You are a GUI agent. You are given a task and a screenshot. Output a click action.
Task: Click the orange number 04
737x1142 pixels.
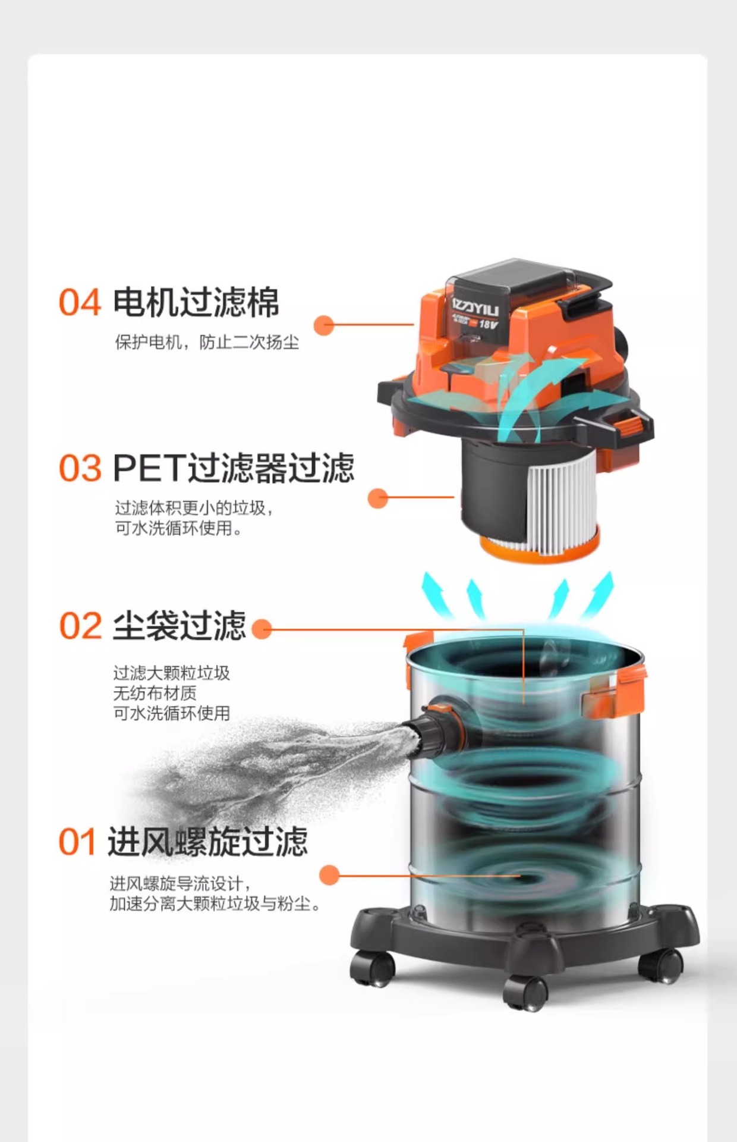(x=80, y=303)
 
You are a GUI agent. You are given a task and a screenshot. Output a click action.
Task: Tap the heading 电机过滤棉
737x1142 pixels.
(x=196, y=302)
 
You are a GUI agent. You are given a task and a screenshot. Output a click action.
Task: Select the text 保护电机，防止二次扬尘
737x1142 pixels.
(x=207, y=343)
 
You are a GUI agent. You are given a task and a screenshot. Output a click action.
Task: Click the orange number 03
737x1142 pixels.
(x=80, y=469)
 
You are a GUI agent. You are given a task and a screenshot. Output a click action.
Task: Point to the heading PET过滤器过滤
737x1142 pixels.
(x=234, y=468)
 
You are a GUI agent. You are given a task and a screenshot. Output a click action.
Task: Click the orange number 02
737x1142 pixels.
(x=80, y=626)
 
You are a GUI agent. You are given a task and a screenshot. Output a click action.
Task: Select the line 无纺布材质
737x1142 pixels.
(x=155, y=693)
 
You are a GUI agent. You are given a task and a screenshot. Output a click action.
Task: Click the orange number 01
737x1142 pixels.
(x=77, y=843)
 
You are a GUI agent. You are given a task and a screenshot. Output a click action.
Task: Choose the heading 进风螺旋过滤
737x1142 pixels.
(x=207, y=842)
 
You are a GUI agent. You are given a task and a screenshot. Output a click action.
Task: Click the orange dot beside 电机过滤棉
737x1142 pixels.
(x=324, y=325)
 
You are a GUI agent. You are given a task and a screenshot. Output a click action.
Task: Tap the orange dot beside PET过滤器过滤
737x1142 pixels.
(x=378, y=498)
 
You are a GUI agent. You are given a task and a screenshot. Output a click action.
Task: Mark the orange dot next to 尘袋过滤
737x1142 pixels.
(x=262, y=629)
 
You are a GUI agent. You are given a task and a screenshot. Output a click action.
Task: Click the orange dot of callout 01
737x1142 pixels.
(x=329, y=875)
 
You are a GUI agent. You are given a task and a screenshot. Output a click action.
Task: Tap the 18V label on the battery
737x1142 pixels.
(x=489, y=325)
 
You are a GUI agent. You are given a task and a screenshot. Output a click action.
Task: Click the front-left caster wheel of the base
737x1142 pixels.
(x=372, y=969)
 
